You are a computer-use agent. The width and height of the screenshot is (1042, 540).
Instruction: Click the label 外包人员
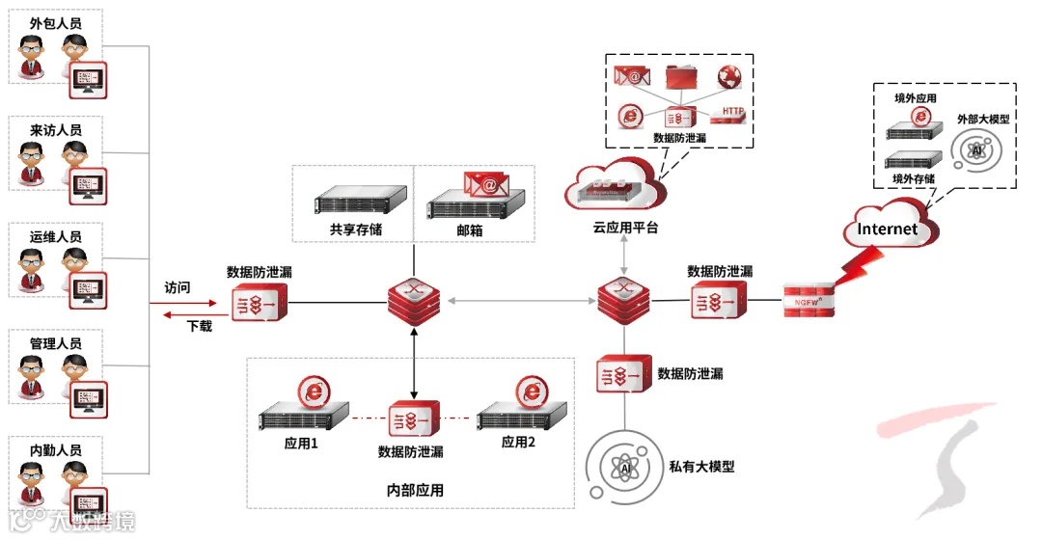(x=56, y=22)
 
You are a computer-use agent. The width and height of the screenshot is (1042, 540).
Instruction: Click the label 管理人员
(x=56, y=343)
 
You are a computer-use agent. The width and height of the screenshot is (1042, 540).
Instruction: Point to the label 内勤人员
(x=56, y=450)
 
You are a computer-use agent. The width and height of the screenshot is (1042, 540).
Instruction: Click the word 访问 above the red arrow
(x=178, y=287)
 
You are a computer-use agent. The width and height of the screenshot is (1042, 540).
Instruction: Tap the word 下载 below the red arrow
(x=200, y=326)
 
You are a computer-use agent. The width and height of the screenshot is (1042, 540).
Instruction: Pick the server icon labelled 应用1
(x=303, y=417)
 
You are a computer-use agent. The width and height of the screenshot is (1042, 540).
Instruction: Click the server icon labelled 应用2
(x=519, y=417)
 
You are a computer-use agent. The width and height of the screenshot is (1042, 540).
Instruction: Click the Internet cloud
(x=888, y=229)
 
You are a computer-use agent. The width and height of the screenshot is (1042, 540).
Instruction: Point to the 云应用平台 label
(x=625, y=227)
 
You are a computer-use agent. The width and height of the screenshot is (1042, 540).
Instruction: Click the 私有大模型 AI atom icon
(x=625, y=467)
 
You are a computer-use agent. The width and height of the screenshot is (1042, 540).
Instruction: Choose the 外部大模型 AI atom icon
(x=977, y=151)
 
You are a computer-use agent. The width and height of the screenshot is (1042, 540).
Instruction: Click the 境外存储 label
(x=912, y=178)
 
